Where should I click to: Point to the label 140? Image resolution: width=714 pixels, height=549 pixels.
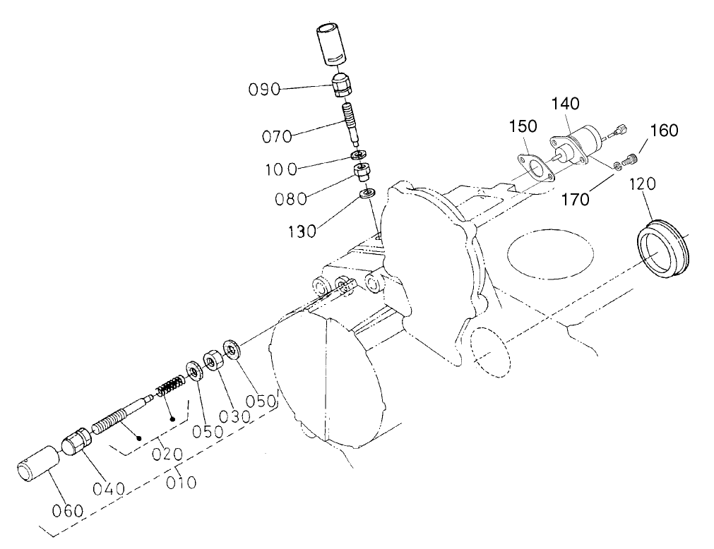(x=566, y=104)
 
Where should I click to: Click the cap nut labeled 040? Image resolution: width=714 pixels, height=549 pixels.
(x=74, y=443)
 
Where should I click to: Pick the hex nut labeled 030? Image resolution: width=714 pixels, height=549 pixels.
(x=212, y=361)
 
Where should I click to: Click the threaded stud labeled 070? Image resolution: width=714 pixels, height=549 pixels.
(x=351, y=121)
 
